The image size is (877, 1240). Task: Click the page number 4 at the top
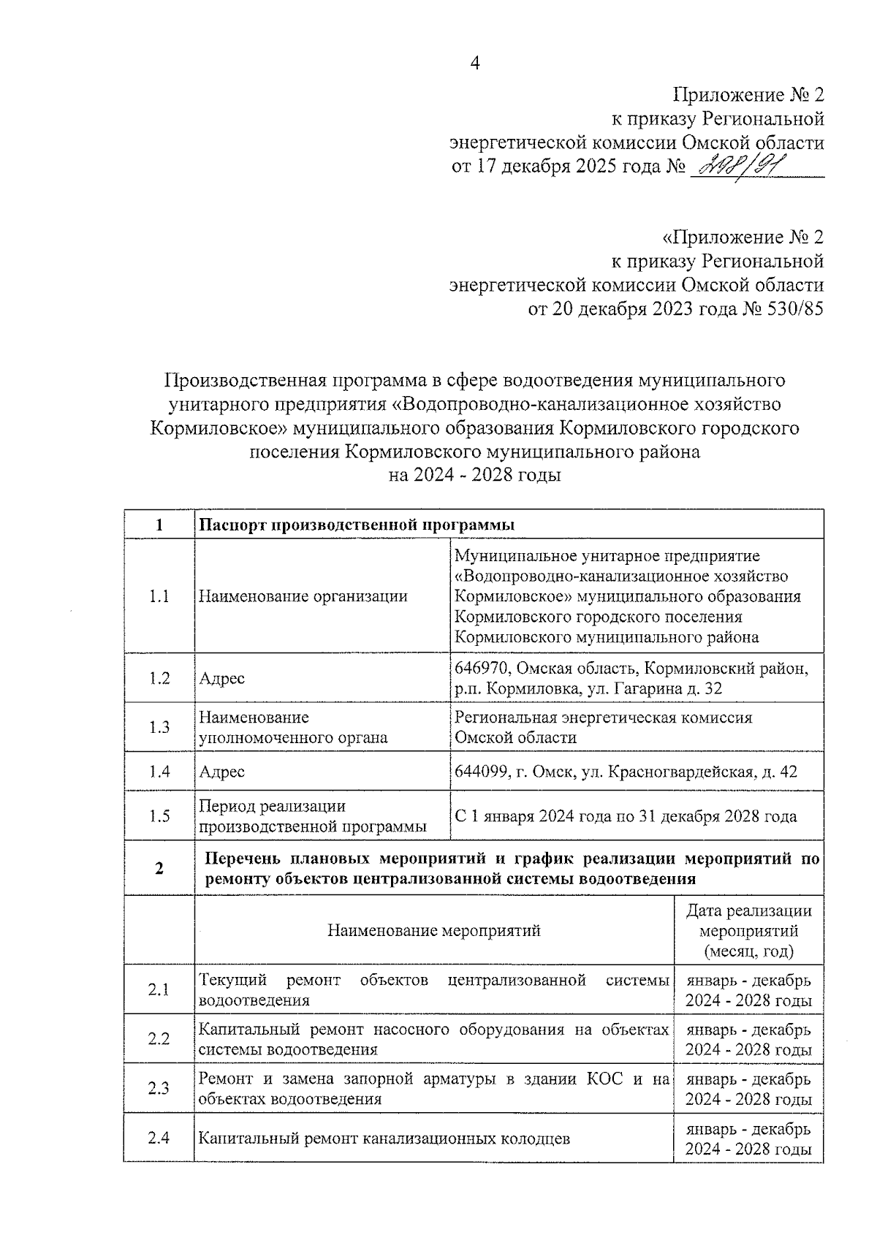pos(474,64)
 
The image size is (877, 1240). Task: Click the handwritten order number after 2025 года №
pos(737,167)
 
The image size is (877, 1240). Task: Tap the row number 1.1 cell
pos(159,596)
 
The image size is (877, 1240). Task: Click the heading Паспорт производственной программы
pos(357,525)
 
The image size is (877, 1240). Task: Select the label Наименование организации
pos(303,596)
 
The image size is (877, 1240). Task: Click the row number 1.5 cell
pos(159,816)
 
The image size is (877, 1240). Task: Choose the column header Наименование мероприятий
pos(433,931)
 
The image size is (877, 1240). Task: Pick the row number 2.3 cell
pos(159,1088)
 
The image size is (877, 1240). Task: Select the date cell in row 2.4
pos(748,1138)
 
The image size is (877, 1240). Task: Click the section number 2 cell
pos(159,868)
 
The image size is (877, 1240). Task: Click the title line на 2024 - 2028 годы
pos(474,476)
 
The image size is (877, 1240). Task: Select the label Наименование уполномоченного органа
pos(293,728)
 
